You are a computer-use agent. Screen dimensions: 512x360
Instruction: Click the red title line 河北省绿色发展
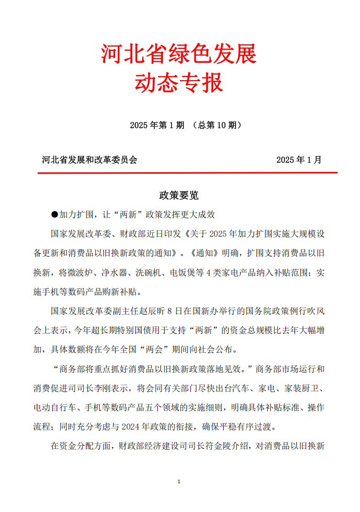179,54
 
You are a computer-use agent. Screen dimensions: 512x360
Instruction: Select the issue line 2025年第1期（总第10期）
185,125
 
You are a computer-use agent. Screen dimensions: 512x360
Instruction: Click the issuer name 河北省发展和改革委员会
90,160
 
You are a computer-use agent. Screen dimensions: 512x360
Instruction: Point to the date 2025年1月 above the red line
299,160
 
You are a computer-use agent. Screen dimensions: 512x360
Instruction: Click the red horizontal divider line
188,173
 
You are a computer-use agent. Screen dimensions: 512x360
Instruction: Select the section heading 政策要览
179,195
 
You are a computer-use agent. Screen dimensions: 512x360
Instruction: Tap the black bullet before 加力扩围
54,214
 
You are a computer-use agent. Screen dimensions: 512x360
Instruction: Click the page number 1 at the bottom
179,482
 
